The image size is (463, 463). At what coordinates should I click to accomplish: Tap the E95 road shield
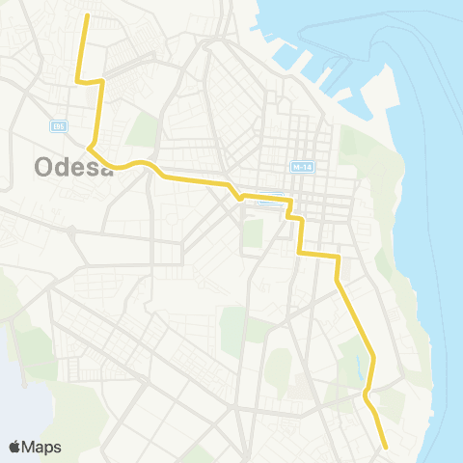pyautogui.click(x=59, y=126)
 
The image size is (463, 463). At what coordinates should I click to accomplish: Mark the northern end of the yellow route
pyautogui.click(x=87, y=15)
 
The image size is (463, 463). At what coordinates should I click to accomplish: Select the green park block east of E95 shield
pyautogui.click(x=143, y=129)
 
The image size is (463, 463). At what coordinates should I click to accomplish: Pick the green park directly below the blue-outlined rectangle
pyautogui.click(x=253, y=232)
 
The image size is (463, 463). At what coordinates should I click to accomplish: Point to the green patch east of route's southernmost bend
pyautogui.click(x=392, y=403)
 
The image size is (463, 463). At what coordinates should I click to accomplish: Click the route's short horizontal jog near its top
pyautogui.click(x=90, y=81)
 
